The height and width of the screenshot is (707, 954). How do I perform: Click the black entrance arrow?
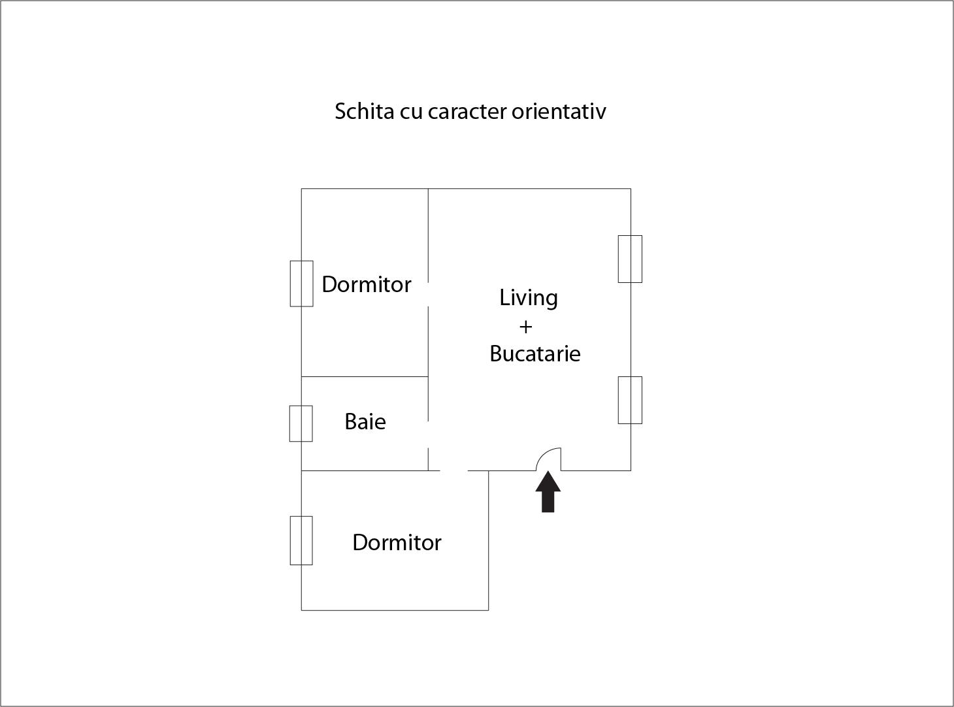coord(548,491)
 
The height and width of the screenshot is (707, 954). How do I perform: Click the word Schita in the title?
coord(365,111)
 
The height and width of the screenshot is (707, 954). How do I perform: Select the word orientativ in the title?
coord(559,112)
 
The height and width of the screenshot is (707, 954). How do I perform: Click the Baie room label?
coord(365,421)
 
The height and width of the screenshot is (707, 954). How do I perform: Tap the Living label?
coord(529,298)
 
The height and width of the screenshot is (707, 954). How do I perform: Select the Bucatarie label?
coord(535,354)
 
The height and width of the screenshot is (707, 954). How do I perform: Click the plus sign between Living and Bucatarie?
coord(525,327)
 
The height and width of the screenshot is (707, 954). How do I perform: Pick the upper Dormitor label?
coord(367,284)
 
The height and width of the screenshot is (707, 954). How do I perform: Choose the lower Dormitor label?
coord(397,542)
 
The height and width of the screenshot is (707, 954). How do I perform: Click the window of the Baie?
coord(301,423)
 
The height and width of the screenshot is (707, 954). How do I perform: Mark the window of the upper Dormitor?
coord(301,284)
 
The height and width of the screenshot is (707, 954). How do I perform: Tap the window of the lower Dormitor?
coord(301,540)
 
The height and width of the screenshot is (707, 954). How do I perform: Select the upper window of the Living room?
coord(630,259)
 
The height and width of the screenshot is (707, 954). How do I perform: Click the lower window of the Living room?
coord(630,400)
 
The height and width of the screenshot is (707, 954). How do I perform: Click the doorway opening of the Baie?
coord(428,434)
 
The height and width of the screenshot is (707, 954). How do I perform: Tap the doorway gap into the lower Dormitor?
coord(453,470)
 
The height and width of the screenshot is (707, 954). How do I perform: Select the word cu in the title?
coord(411,114)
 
